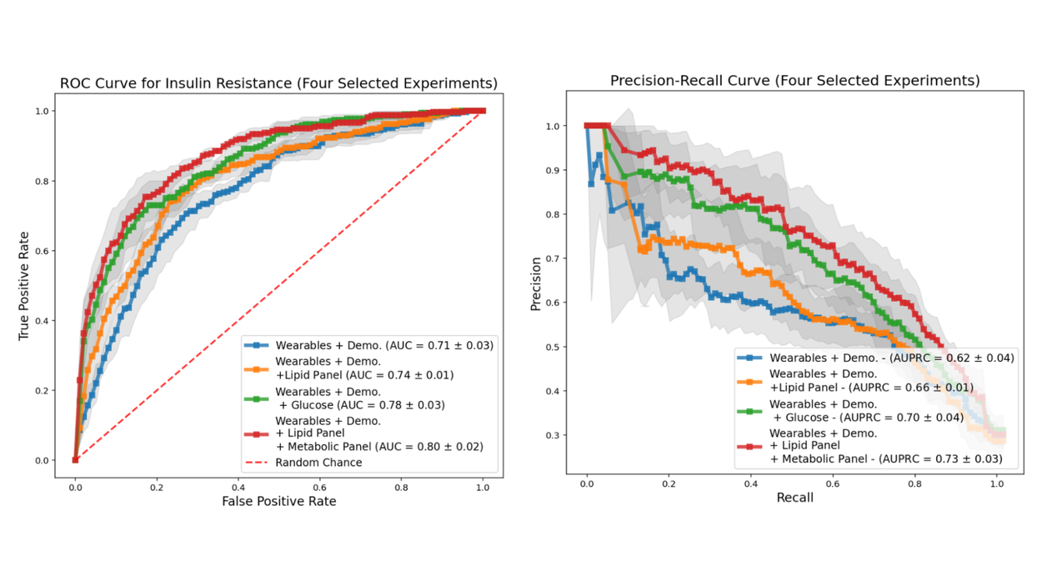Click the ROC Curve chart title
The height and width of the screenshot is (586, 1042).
coord(278,83)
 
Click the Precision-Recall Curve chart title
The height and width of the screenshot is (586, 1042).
coord(794,81)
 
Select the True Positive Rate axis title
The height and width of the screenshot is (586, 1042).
coord(24,285)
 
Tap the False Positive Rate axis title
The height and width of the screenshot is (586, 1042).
coord(278,501)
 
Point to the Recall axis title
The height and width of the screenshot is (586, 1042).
coord(794,498)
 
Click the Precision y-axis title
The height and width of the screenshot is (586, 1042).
coord(536,283)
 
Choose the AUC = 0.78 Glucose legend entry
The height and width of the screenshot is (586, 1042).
coord(360,398)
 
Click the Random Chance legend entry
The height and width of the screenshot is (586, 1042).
coord(318,463)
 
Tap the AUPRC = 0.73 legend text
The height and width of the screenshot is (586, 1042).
coord(885,446)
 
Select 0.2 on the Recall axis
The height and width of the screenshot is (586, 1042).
coord(669,482)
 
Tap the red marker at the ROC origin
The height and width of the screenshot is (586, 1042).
coord(75,459)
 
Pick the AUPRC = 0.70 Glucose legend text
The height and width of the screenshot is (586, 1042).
coord(868,411)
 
